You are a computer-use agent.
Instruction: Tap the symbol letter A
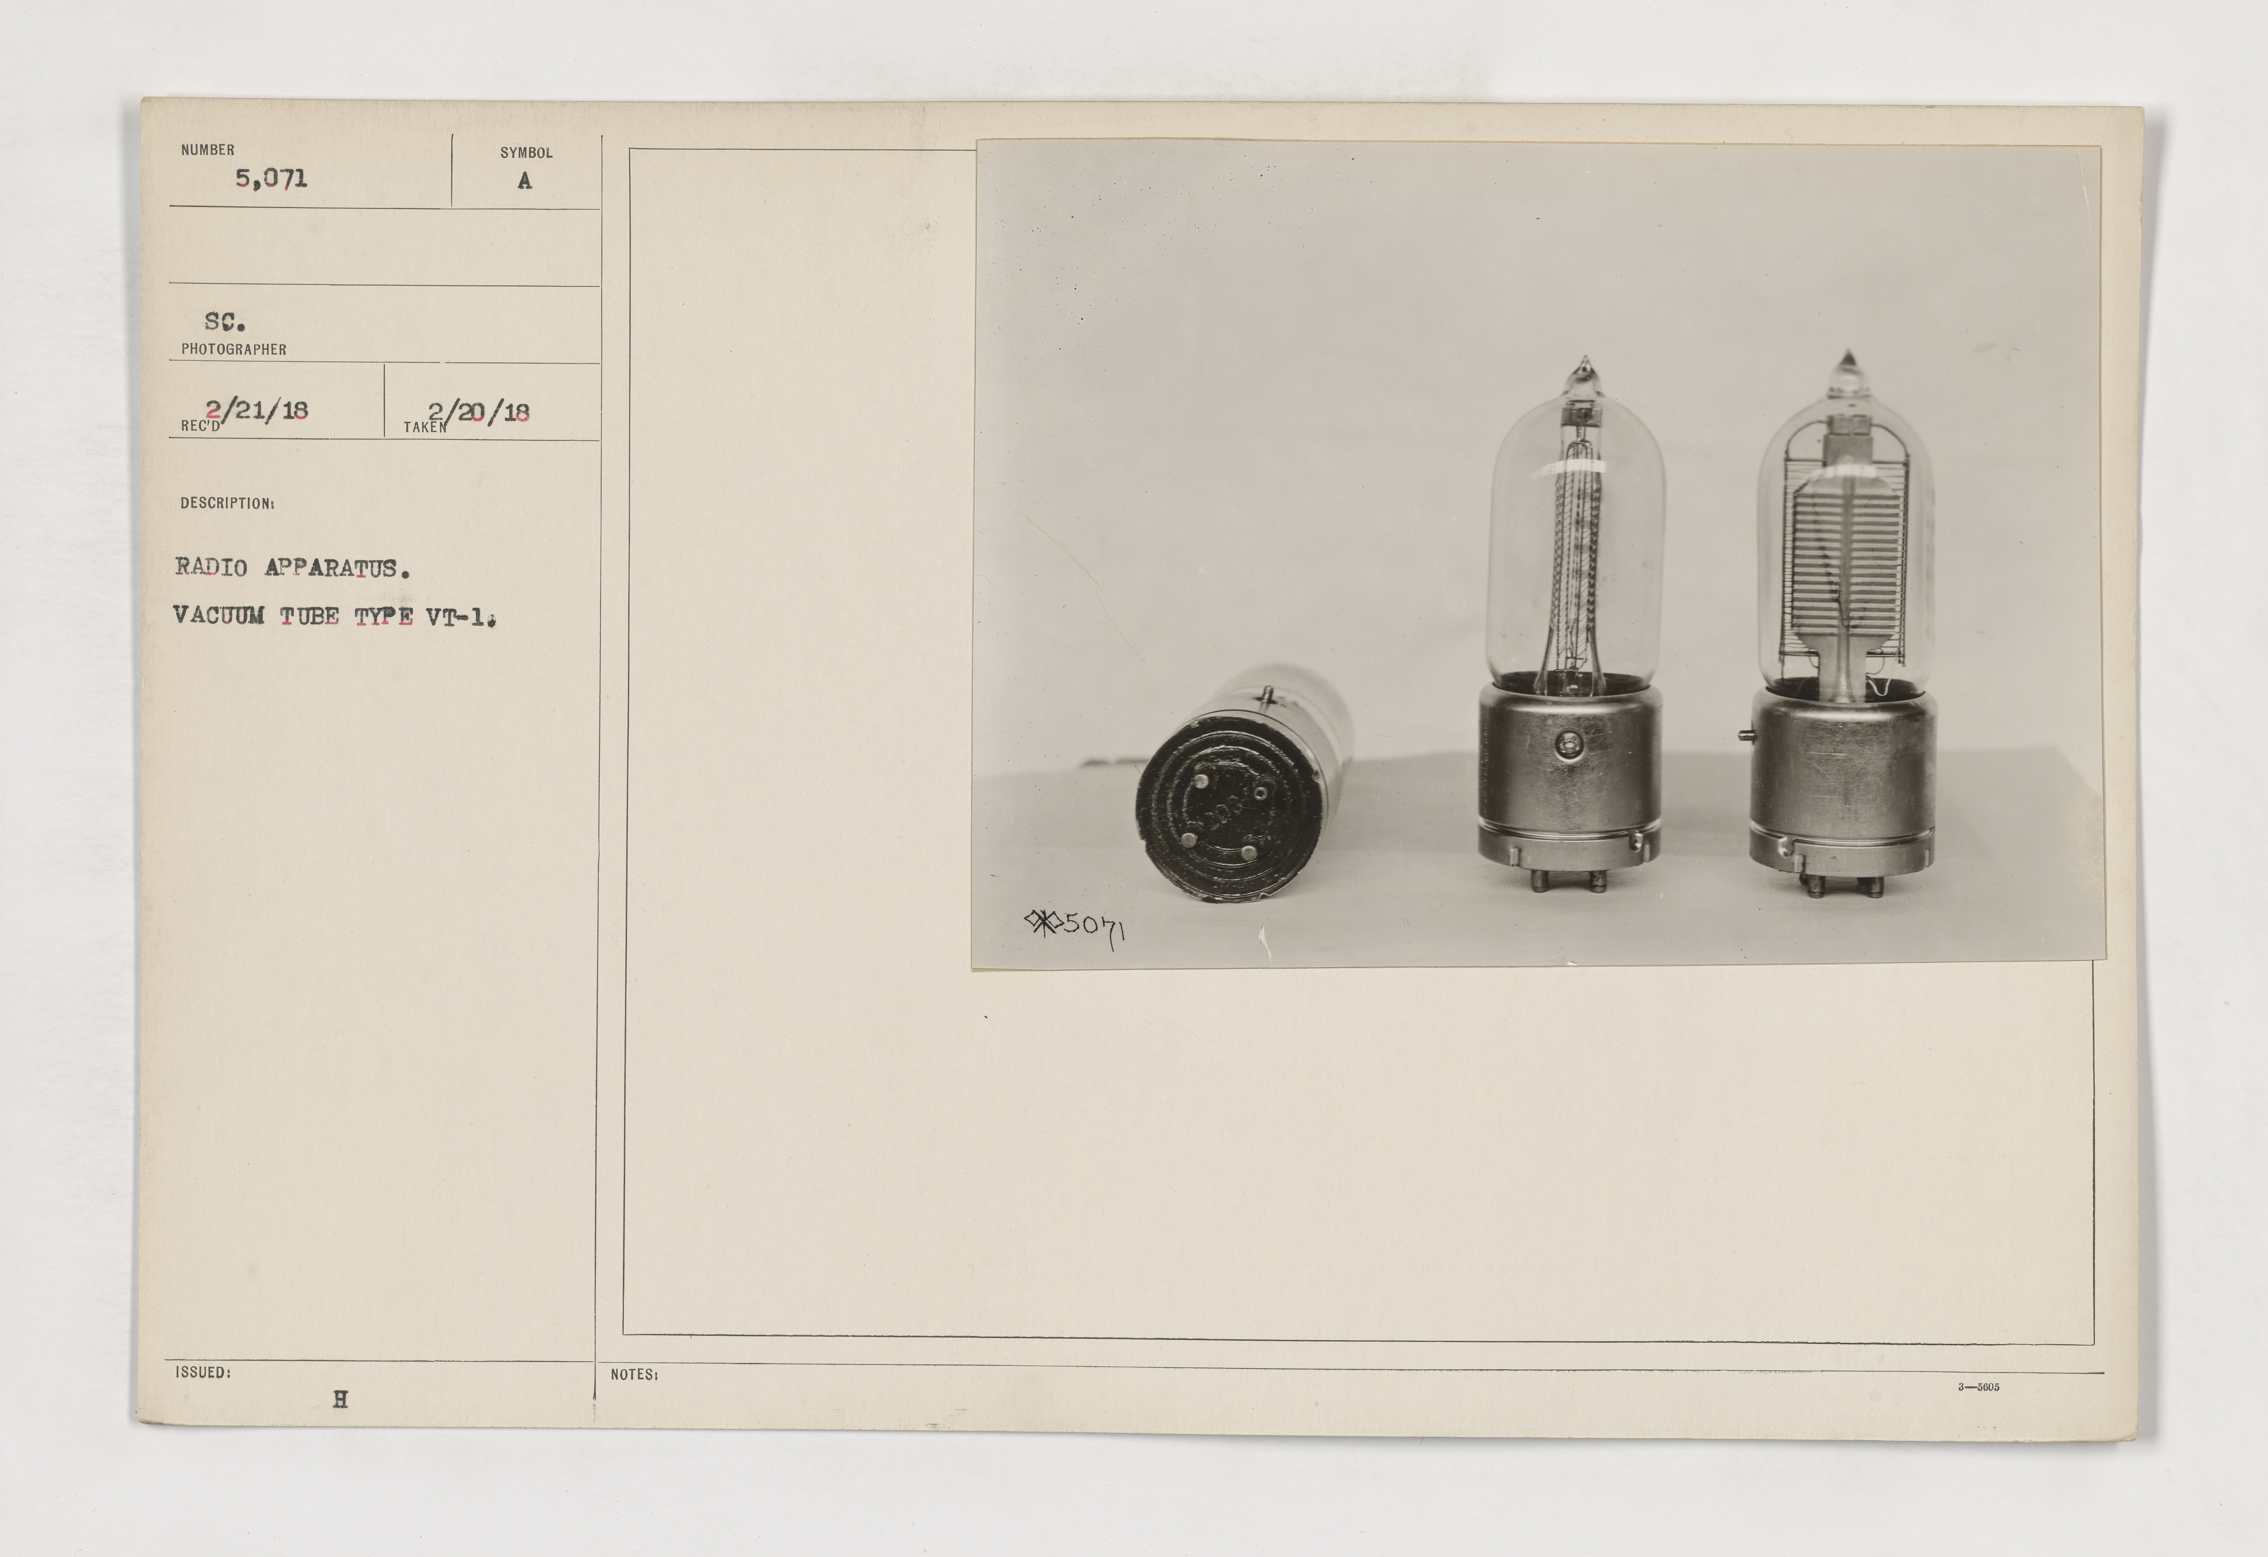[x=525, y=181]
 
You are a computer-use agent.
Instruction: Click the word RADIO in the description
[x=211, y=567]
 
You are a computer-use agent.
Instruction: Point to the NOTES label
[x=634, y=1374]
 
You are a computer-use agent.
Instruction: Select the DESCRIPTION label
[x=227, y=504]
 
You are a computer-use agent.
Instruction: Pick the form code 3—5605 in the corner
[x=1979, y=1386]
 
